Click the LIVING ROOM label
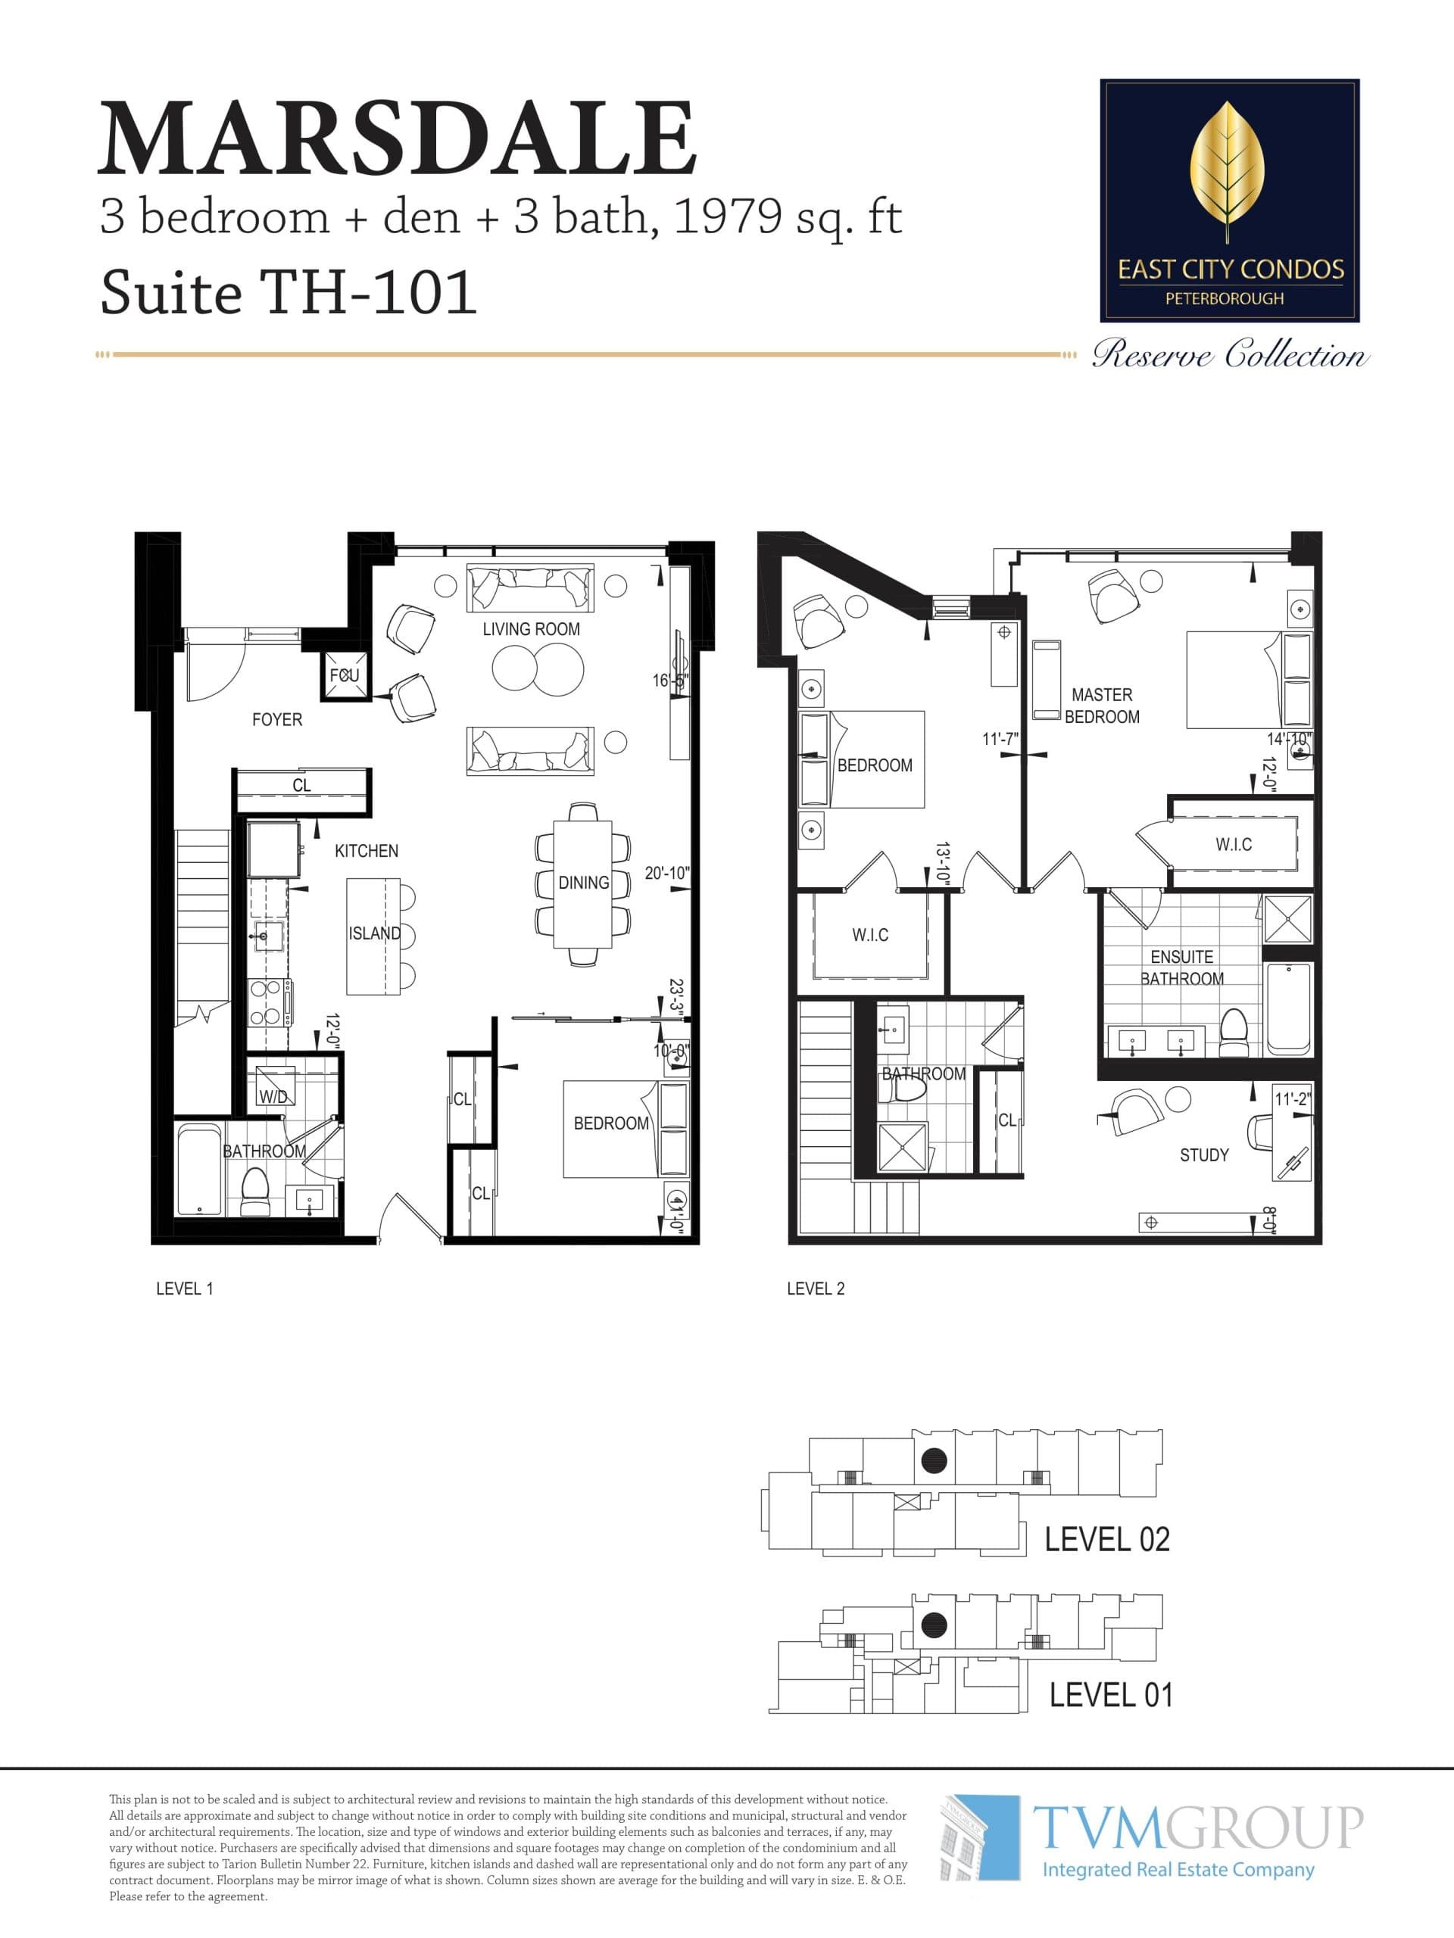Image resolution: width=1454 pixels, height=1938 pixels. (x=531, y=629)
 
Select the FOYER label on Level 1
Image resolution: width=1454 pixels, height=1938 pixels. (x=277, y=719)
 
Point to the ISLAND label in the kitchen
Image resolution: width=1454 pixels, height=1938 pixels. (x=374, y=933)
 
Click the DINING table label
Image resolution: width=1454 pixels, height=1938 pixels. (x=583, y=882)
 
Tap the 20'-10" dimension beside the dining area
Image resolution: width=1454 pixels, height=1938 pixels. (x=666, y=873)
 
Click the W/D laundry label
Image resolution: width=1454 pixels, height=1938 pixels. (x=273, y=1096)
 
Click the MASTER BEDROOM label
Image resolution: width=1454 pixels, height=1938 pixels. (x=1102, y=706)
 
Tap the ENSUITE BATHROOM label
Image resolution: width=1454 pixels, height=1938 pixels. (x=1181, y=967)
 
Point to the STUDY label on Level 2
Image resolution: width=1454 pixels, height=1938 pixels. (x=1203, y=1154)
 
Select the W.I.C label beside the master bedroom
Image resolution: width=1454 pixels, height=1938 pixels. (x=1233, y=844)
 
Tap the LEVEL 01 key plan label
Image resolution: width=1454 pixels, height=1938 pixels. (x=1110, y=1694)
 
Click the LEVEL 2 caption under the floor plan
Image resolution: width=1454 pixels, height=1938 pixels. (x=815, y=1288)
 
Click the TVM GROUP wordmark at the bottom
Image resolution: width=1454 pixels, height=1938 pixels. (x=1197, y=1827)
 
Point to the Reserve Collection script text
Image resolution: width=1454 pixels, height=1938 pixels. (x=1229, y=355)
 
